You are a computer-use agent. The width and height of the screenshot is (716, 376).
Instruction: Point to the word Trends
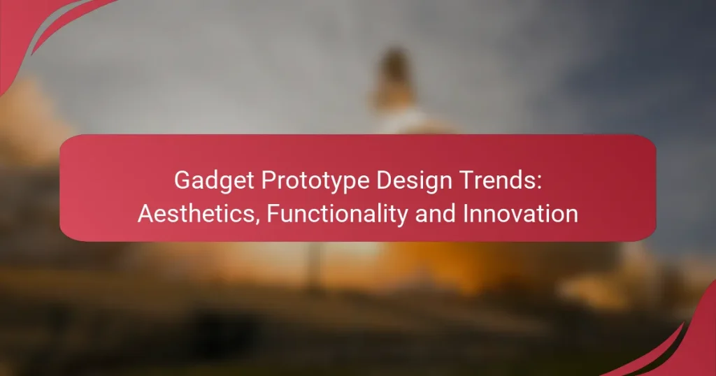(498, 180)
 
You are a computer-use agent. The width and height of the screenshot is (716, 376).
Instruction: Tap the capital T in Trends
(465, 180)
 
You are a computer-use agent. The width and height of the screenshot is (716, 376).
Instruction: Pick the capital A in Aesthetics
(145, 214)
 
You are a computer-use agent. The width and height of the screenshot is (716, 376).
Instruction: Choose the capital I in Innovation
(465, 214)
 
